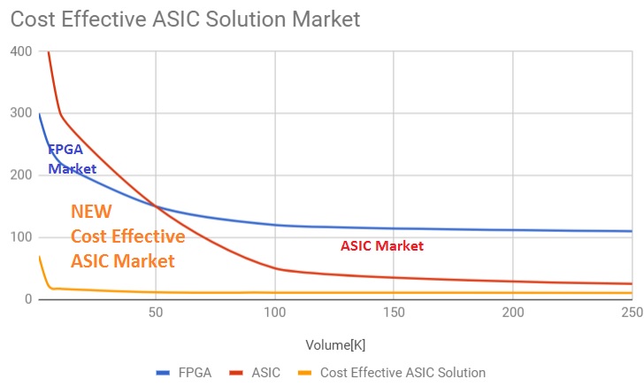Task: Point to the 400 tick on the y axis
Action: click(x=21, y=52)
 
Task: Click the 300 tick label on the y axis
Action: click(x=21, y=114)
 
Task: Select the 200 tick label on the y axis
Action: click(x=21, y=175)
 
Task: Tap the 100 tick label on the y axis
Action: click(x=21, y=237)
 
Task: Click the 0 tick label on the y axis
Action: click(x=27, y=299)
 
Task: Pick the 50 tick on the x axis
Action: click(x=156, y=313)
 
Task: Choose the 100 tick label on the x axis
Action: click(x=275, y=313)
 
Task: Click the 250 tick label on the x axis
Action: click(x=631, y=313)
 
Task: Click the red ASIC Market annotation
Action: click(x=382, y=246)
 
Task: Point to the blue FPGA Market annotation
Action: click(x=71, y=159)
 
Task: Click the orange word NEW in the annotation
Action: click(x=90, y=213)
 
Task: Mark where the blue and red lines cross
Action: click(x=157, y=206)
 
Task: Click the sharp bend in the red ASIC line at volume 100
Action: click(x=275, y=268)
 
